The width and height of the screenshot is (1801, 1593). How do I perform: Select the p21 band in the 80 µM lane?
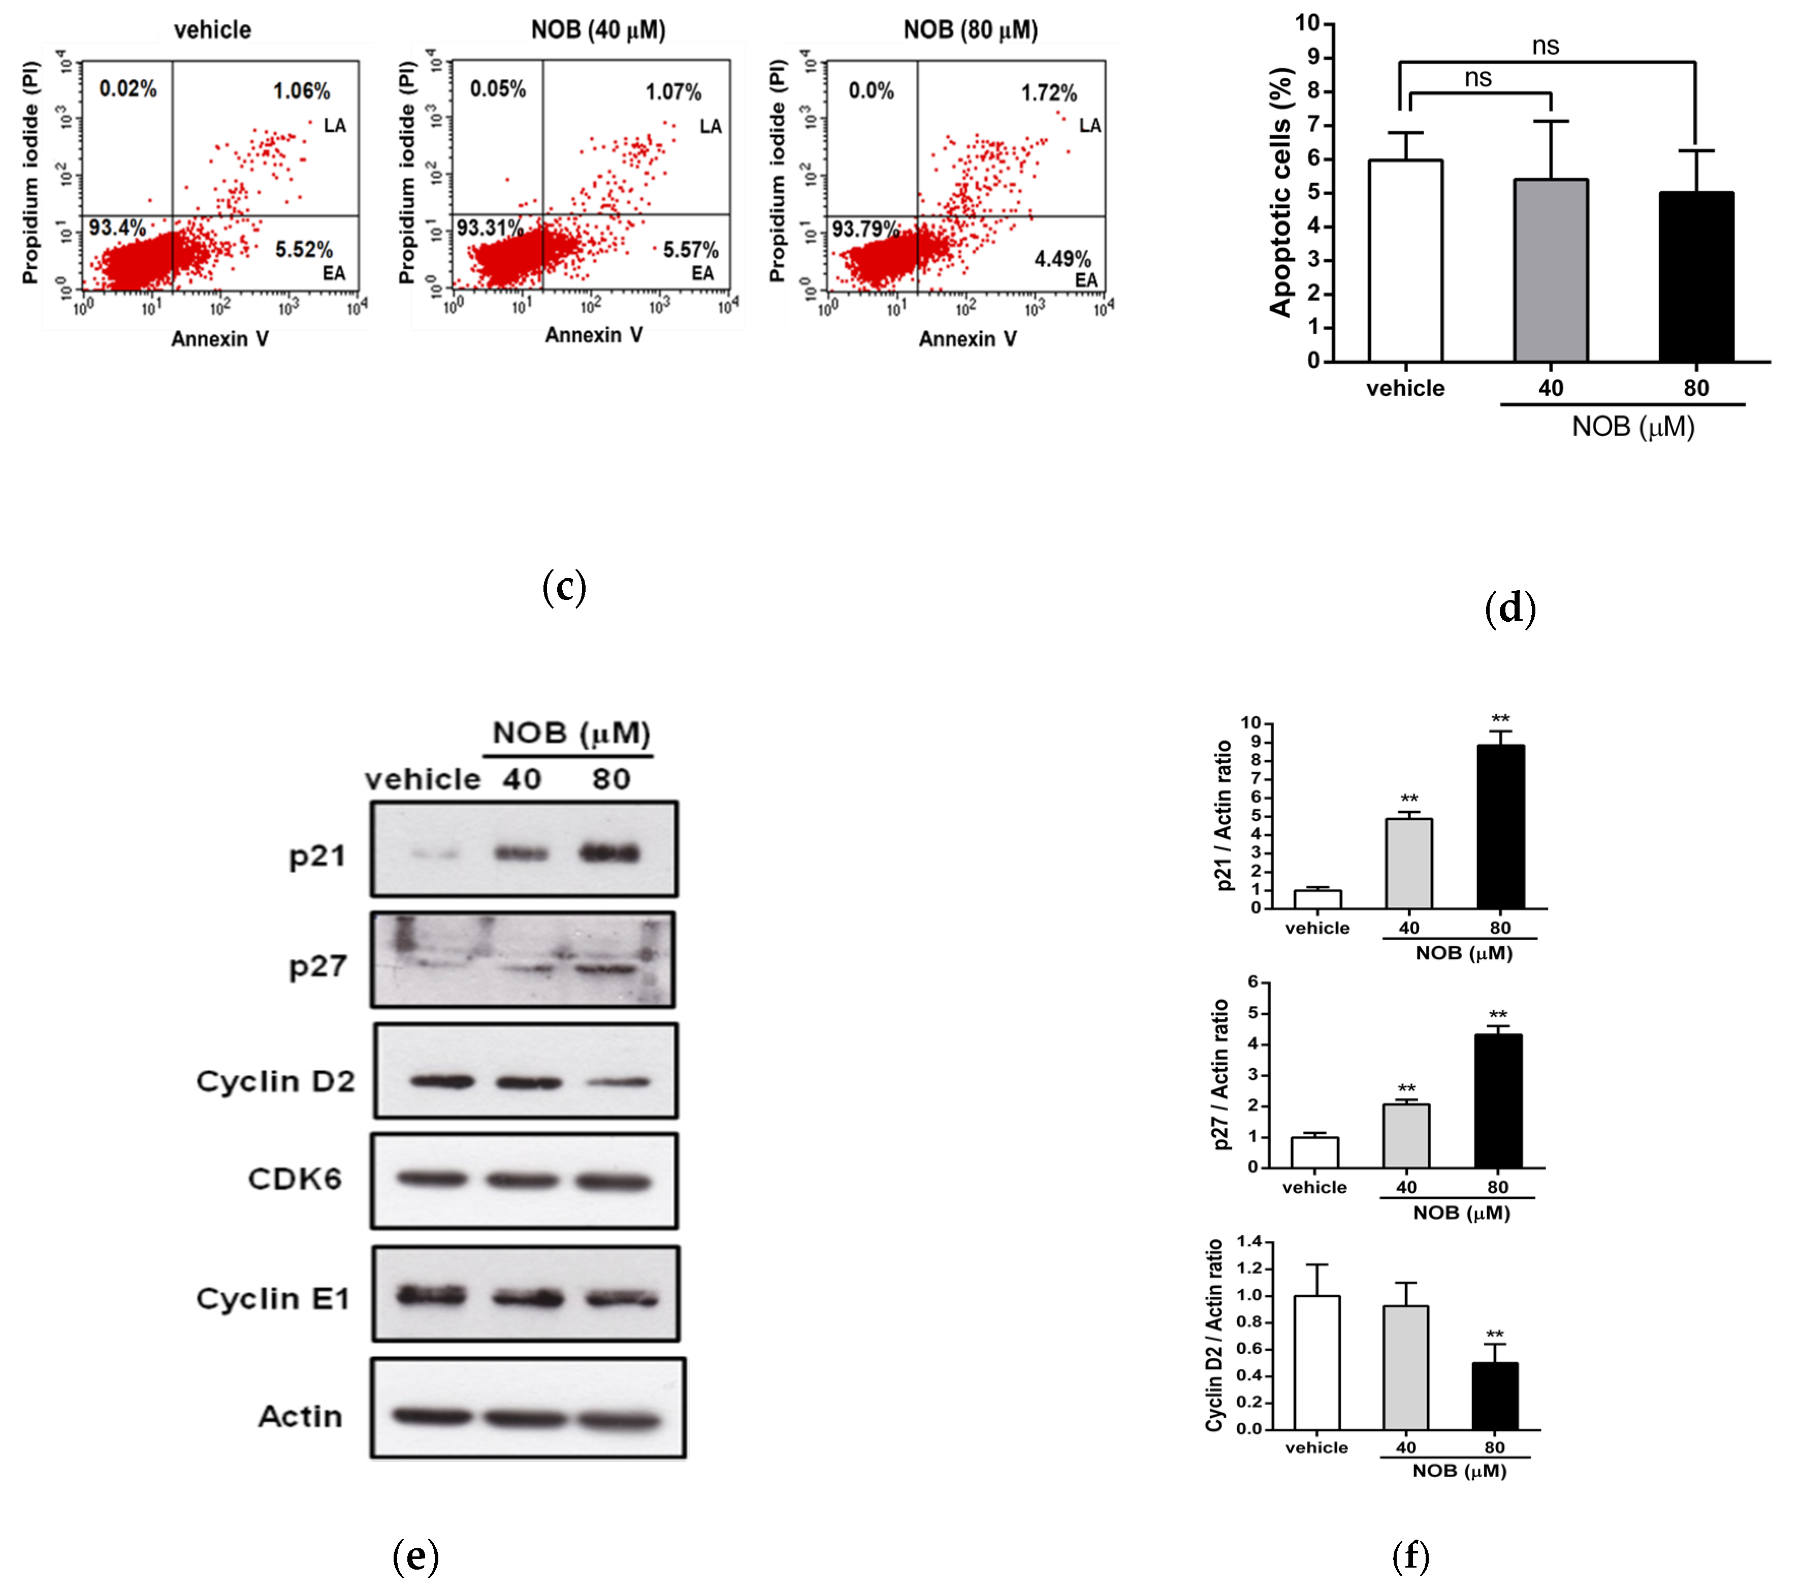coord(610,853)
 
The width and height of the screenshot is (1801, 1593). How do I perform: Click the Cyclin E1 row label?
coord(273,1299)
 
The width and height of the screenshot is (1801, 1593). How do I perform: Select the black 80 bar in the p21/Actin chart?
coord(1500,826)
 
